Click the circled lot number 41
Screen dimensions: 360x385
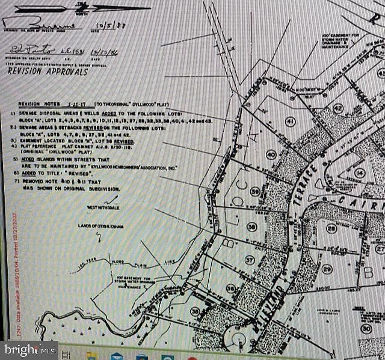coord(291,122)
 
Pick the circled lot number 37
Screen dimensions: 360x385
coord(248,260)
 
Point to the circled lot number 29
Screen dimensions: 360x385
coord(327,269)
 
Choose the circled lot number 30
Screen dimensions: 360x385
coord(366,329)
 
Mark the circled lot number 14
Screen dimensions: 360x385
coord(360,173)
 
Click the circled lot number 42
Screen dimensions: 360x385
coord(337,109)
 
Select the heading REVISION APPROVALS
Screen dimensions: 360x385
coord(39,70)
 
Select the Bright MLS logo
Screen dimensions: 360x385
coord(29,349)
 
